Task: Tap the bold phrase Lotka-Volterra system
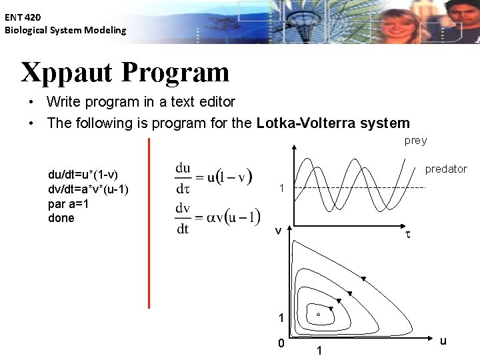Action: tap(333, 123)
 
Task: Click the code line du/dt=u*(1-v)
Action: tap(83, 174)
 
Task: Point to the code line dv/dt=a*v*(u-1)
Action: tap(88, 189)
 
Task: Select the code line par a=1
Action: tap(69, 203)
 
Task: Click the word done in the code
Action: tap(61, 218)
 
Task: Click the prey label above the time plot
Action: tap(415, 141)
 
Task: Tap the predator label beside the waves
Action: tap(446, 169)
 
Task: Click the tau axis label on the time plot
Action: tap(408, 235)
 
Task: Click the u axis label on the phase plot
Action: tap(443, 341)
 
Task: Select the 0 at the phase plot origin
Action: tap(281, 343)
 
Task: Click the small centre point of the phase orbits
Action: tap(318, 314)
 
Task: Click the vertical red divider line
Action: tap(149, 223)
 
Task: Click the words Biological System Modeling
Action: tap(65, 30)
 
